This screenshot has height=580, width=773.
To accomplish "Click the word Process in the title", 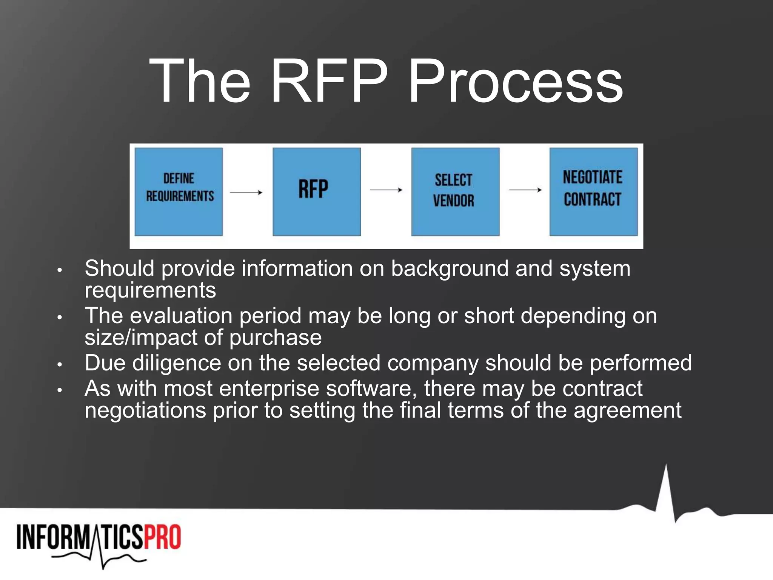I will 515,81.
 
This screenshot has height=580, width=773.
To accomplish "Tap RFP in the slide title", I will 328,81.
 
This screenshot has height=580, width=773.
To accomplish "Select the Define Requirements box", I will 179,191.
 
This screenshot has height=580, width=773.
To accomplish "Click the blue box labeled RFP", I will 317,191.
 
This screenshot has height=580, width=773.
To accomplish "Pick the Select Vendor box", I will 455,191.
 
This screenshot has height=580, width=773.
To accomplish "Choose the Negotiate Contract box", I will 593,191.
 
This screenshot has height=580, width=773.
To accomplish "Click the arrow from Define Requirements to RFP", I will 246,193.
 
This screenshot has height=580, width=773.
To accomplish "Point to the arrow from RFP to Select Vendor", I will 386,190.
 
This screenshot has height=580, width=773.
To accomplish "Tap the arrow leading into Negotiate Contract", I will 525,190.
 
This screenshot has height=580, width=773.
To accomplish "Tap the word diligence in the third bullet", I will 176,363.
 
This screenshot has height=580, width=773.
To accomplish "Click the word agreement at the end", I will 627,410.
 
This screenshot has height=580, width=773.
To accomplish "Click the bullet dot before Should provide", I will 59,270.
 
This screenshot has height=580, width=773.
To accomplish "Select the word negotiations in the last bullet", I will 145,410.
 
